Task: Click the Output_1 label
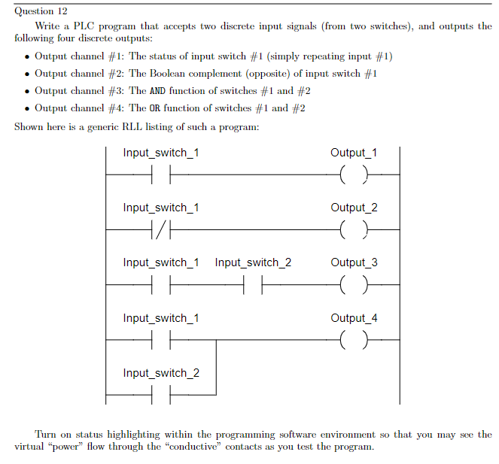click(354, 153)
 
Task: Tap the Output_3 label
click(354, 262)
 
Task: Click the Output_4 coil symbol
click(354, 341)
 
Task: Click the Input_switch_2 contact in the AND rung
click(253, 286)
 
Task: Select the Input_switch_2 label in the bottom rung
click(161, 373)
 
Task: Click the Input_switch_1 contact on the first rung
click(161, 176)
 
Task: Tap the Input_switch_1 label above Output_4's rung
click(161, 318)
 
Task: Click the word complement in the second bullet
click(212, 74)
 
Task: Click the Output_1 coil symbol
click(354, 176)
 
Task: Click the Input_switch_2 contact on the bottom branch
click(161, 396)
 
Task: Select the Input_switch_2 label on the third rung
click(253, 262)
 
